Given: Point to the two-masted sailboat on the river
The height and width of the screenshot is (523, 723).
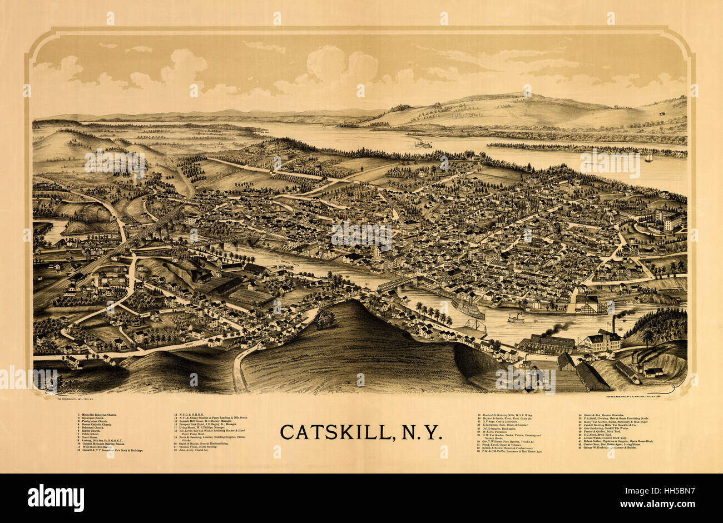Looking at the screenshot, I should pos(648,159).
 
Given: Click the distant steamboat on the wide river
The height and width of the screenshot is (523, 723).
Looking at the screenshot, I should pos(423,145).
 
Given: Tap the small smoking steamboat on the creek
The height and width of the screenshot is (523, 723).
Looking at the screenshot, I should pos(515,318).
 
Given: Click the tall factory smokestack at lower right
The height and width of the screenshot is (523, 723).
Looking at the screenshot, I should pos(613,325).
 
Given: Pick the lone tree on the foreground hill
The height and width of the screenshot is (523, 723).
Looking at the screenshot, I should pos(326,320).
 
